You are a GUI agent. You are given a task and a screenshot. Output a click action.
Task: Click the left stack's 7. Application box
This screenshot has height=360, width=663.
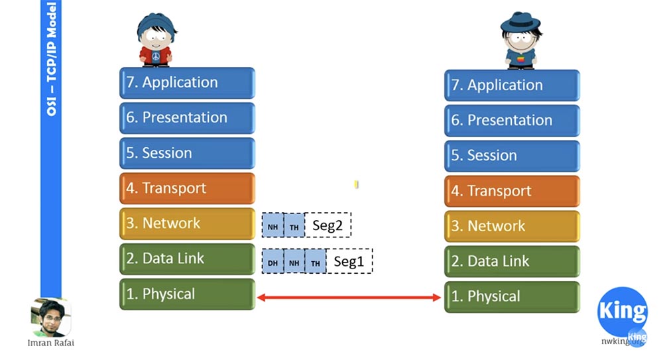(187, 83)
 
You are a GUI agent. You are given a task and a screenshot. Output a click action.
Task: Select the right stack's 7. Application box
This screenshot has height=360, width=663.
(512, 86)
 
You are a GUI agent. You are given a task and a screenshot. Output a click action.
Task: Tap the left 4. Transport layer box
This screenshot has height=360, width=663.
(187, 188)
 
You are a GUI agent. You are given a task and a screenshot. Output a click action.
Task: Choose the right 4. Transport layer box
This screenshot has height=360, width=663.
(512, 191)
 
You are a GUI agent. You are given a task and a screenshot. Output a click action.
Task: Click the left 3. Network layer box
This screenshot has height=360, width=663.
(187, 223)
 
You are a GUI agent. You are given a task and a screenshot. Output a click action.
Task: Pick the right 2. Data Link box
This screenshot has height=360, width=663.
(512, 261)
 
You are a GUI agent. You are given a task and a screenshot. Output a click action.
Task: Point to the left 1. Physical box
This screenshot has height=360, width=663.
(187, 294)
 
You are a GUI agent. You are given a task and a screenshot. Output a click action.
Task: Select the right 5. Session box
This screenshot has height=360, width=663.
(512, 156)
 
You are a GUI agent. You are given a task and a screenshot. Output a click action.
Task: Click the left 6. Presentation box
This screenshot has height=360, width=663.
(187, 118)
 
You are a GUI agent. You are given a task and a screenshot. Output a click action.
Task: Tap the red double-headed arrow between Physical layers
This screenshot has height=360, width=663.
(349, 298)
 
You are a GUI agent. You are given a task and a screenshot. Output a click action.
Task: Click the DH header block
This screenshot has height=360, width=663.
(272, 262)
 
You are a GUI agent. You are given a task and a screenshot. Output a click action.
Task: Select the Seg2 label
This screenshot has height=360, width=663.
(328, 226)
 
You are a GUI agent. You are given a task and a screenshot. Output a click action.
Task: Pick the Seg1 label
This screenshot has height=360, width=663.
(349, 262)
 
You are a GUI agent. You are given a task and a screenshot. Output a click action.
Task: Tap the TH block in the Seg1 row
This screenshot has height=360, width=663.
(316, 262)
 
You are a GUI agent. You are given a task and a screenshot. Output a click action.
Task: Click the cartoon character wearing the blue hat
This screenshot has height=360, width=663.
(520, 40)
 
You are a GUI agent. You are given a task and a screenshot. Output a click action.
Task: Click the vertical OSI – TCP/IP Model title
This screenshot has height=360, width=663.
(51, 60)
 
